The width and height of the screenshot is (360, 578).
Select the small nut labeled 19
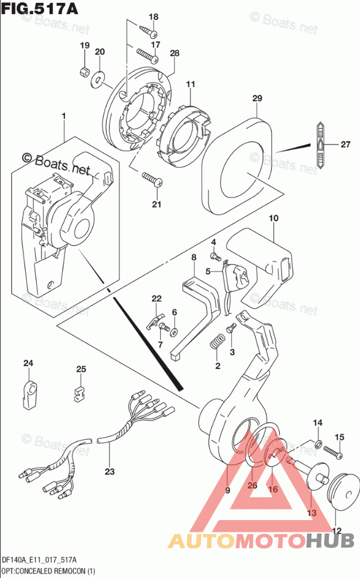coord(84,73)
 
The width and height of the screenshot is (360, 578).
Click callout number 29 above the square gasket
coord(256,99)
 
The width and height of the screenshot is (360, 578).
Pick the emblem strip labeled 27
coord(321,144)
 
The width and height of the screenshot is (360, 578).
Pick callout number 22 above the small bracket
coord(156,299)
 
